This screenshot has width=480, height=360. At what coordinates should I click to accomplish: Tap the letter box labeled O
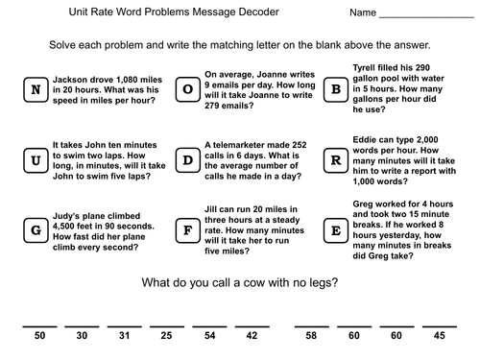pos(187,91)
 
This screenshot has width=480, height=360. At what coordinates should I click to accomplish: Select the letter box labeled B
pos(336,91)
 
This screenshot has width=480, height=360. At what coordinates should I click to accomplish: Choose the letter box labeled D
pos(187,159)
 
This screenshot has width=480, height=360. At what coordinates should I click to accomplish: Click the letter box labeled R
pos(336,159)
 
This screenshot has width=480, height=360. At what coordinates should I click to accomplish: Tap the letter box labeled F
pos(187,229)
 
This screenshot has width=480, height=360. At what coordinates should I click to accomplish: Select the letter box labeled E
pos(336,229)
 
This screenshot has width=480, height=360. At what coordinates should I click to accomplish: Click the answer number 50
pos(40,335)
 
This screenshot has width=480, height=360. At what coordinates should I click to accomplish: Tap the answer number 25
pos(166,335)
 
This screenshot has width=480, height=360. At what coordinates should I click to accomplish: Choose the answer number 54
pos(208,335)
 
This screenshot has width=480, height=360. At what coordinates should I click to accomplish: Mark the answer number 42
pos(251,335)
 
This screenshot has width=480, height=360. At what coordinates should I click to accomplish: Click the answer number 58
pos(312,335)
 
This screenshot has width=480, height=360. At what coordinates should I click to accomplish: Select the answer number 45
pos(439,335)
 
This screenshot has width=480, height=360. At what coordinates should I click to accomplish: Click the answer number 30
pos(82,335)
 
